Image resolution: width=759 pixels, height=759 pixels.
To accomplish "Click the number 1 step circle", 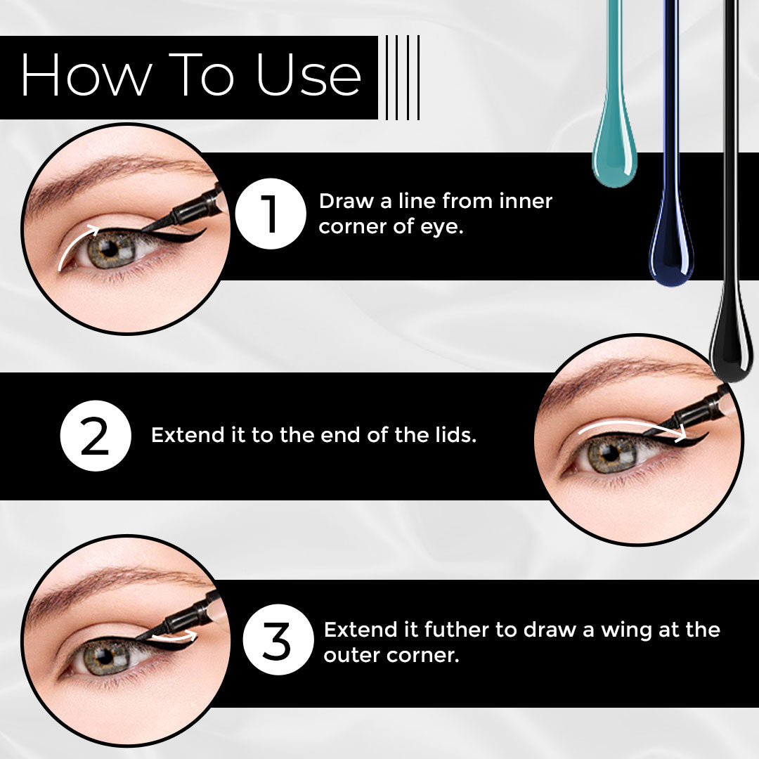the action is tap(271, 214).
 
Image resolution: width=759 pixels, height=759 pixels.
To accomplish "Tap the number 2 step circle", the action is tap(96, 436).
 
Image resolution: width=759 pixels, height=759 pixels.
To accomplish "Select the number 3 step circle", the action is tap(278, 640).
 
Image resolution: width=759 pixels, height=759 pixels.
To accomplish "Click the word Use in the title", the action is tap(309, 74).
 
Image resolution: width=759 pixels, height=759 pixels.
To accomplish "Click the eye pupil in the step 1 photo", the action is tap(110, 249).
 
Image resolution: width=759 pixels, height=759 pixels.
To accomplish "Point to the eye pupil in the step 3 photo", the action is tap(104, 657).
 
